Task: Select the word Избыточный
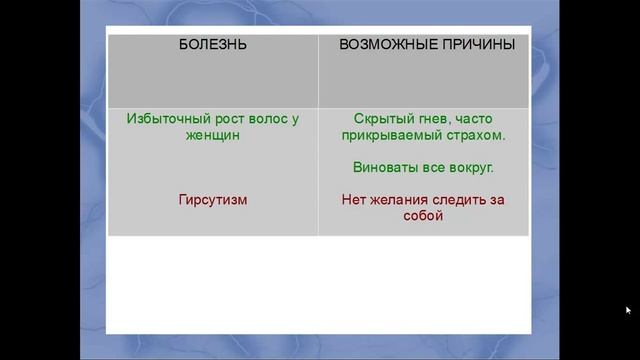coord(164,118)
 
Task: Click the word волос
coord(266,118)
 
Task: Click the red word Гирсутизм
coord(212,199)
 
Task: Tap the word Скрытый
coord(383,118)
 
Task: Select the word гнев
coord(436,118)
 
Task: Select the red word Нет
coord(355,199)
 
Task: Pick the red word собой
coord(423,215)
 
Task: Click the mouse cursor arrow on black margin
coord(628,310)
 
